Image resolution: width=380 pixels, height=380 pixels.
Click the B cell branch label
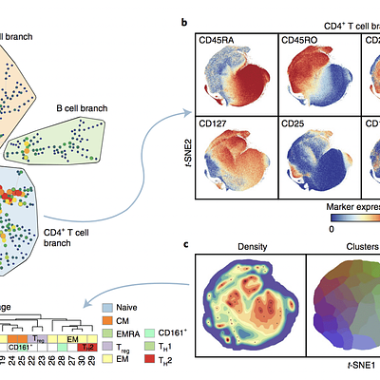point(83,109)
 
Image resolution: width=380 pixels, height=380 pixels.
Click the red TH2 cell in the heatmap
point(87,347)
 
